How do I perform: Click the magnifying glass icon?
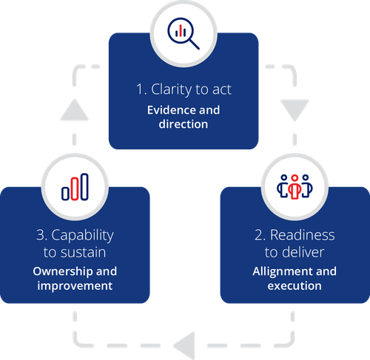tap(182, 32)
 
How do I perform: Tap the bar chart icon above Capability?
tap(75, 187)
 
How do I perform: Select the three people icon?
tap(295, 186)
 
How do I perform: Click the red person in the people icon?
tap(295, 187)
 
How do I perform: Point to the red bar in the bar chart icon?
tap(75, 189)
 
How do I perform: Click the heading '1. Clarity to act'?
tap(184, 89)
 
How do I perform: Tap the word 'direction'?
tap(184, 124)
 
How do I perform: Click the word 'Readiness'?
tap(303, 235)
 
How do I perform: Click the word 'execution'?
tap(295, 286)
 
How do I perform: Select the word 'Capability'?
tap(82, 236)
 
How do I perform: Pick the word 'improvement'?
tap(75, 286)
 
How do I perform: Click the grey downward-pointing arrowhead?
tap(295, 109)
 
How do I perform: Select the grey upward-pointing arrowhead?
tap(75, 110)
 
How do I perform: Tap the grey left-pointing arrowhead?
tap(184, 346)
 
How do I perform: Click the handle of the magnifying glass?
tap(195, 44)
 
